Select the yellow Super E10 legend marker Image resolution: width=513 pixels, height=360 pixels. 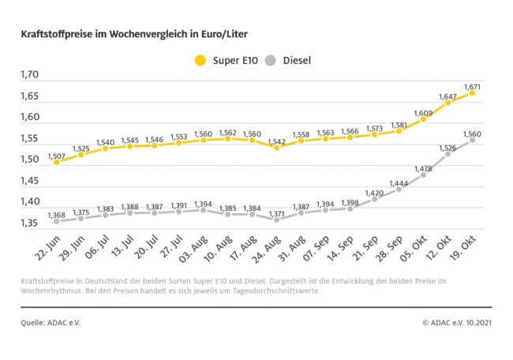200,60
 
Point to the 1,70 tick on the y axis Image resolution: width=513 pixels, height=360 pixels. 29,76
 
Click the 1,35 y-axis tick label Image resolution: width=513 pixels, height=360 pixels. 29,223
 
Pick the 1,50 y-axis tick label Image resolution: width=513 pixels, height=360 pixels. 29,160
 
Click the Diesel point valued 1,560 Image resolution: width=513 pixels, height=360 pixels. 472,141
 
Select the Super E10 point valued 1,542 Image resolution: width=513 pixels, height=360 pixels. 276,148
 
